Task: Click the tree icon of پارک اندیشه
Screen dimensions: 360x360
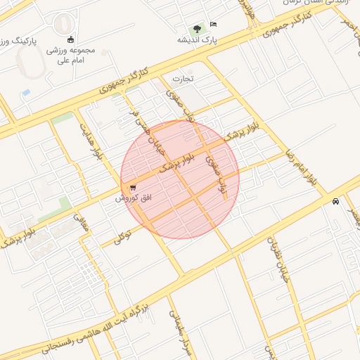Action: pyautogui.click(x=197, y=29)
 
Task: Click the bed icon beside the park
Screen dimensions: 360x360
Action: pyautogui.click(x=214, y=25)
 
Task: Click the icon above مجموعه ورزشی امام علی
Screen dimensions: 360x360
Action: pyautogui.click(x=70, y=39)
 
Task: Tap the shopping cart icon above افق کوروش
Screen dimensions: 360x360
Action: pyautogui.click(x=133, y=188)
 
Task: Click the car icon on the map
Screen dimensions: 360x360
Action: pyautogui.click(x=336, y=201)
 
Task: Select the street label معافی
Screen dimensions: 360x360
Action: pyautogui.click(x=82, y=224)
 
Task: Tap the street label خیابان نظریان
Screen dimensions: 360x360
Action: pyautogui.click(x=280, y=260)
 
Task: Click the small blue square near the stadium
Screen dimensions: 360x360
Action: pyautogui.click(x=26, y=93)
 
